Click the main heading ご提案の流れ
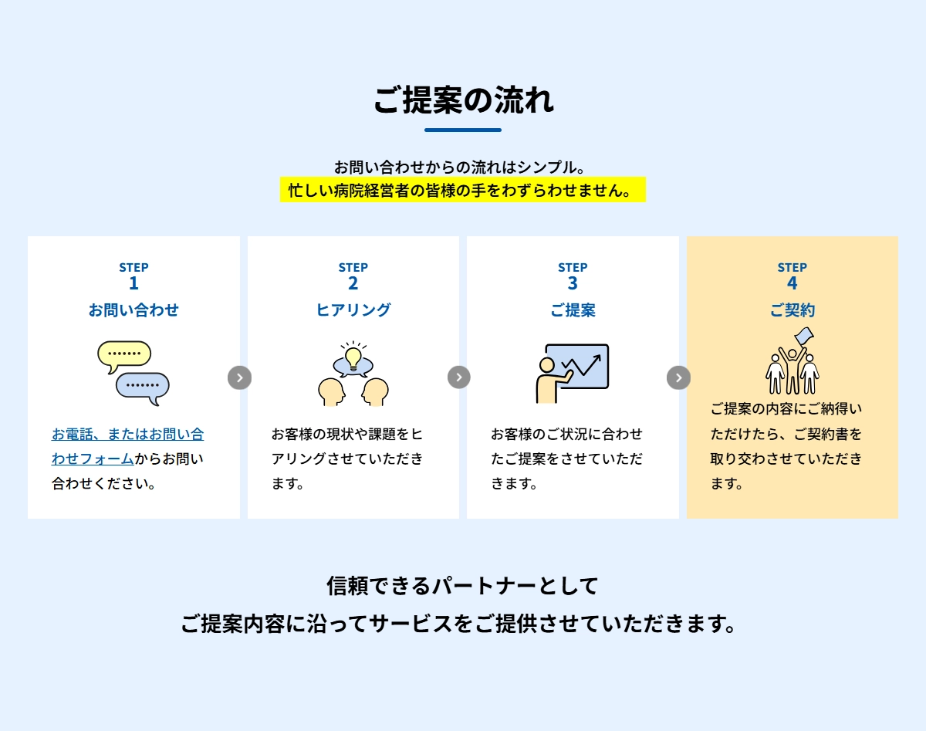pyautogui.click(x=463, y=100)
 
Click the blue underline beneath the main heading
pyautogui.click(x=463, y=130)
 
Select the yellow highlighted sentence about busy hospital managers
pyautogui.click(x=462, y=189)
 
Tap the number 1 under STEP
pyautogui.click(x=133, y=283)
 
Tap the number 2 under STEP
pyautogui.click(x=353, y=283)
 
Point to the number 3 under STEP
pyautogui.click(x=573, y=283)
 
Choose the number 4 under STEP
pyautogui.click(x=793, y=283)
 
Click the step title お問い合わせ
pyautogui.click(x=133, y=310)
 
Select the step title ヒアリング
pyautogui.click(x=353, y=310)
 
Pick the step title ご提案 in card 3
pyautogui.click(x=573, y=310)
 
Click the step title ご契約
pyautogui.click(x=793, y=310)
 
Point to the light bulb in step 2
pyautogui.click(x=353, y=359)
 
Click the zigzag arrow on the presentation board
pyautogui.click(x=581, y=365)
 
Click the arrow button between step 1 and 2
pyautogui.click(x=240, y=377)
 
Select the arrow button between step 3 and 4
pyautogui.click(x=678, y=377)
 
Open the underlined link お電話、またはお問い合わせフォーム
pyautogui.click(x=128, y=446)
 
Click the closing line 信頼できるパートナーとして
pyautogui.click(x=462, y=586)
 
